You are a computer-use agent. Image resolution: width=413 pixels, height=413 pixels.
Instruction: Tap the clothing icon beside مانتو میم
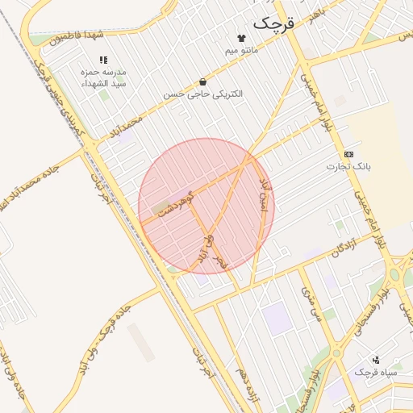pos(240,38)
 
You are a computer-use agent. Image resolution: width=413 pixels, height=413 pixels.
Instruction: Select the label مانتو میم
pos(241,51)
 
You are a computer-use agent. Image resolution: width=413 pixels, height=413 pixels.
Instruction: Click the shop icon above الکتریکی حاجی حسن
pos(202,81)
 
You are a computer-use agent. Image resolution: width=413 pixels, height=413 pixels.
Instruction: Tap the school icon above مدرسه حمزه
pos(103,60)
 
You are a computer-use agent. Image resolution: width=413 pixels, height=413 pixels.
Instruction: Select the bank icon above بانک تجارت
pos(348,153)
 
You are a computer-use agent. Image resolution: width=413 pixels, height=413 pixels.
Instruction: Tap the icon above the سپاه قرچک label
pos(376,359)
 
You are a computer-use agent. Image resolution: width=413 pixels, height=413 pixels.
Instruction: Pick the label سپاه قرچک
pos(376,372)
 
